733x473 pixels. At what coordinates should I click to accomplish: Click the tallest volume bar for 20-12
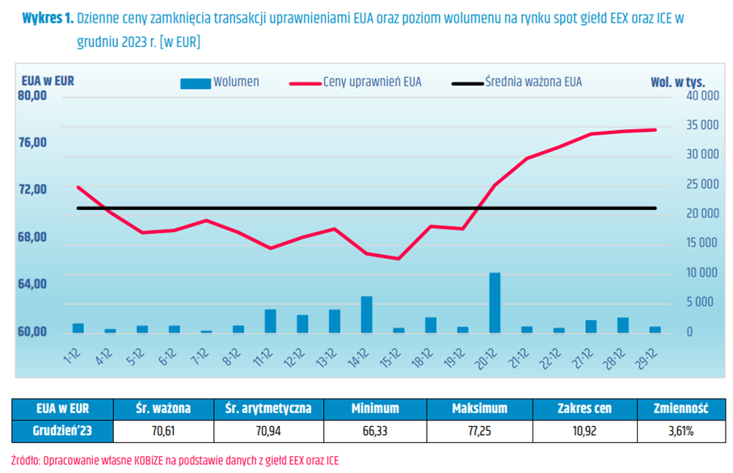coord(495,302)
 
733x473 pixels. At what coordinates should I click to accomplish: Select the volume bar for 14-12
coord(366,315)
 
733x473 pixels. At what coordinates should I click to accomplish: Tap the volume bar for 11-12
coord(270,321)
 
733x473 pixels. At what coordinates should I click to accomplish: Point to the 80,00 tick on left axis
coord(32,95)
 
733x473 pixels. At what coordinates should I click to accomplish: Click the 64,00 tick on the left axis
coord(32,284)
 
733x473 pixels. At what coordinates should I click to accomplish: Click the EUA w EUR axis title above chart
coord(48,81)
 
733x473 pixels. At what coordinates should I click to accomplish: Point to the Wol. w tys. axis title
coord(678,81)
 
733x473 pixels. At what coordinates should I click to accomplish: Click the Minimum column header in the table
coord(375,409)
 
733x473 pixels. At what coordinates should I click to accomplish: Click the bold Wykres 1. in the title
coord(48,17)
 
